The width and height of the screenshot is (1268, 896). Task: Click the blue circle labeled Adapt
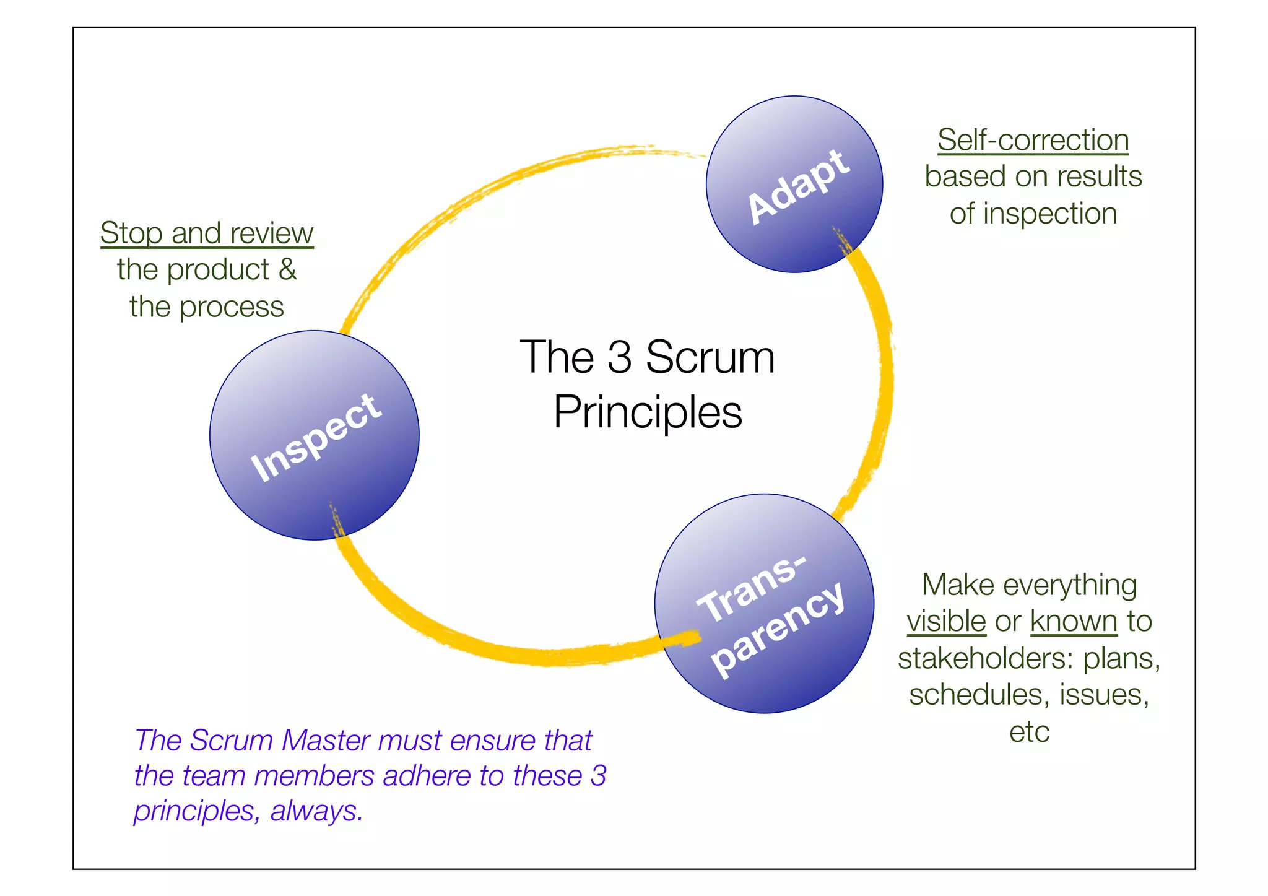(x=794, y=184)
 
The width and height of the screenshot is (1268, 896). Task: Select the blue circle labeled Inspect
(x=315, y=435)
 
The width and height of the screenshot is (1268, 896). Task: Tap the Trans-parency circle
(x=764, y=604)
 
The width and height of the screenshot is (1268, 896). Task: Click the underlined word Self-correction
(x=1033, y=140)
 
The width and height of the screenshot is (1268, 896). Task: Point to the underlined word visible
(x=946, y=621)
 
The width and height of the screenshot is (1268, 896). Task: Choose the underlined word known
(x=1074, y=621)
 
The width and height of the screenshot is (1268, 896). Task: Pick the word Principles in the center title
(x=648, y=412)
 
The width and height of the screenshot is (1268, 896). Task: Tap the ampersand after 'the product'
(x=287, y=269)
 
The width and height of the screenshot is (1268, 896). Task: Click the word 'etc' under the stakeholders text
(x=1029, y=732)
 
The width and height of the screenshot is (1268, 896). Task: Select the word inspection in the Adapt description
(x=1050, y=214)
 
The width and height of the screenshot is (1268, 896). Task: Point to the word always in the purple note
(x=316, y=811)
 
